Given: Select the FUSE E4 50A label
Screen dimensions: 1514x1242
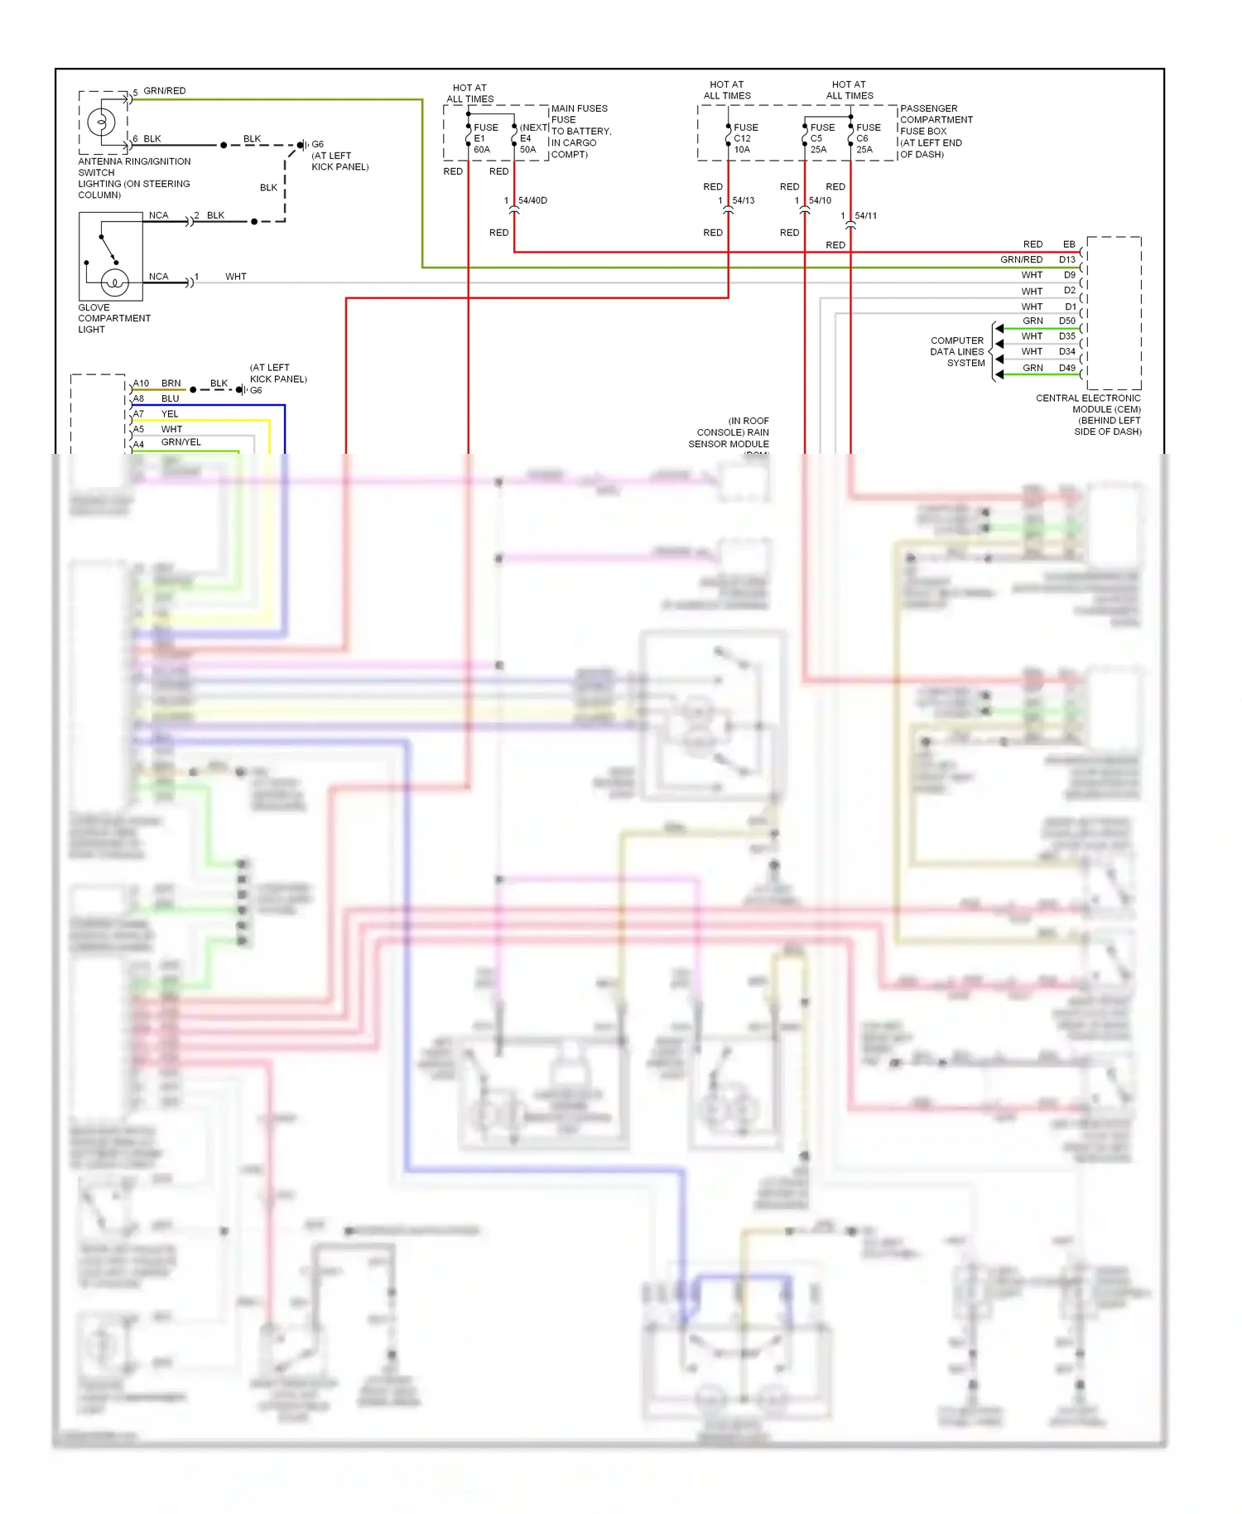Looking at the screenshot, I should point(528,138).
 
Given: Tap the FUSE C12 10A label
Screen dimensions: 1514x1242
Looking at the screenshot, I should point(744,138).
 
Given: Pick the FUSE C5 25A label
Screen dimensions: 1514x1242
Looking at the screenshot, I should point(821,138).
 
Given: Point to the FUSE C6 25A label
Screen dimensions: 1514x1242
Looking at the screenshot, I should point(867,138).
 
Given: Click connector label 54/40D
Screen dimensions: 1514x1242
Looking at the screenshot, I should point(532,200).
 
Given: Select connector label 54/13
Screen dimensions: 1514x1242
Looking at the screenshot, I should point(743,200).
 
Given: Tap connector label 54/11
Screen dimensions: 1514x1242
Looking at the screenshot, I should point(865,216).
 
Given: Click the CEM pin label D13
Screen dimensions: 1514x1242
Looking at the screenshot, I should point(1066,259).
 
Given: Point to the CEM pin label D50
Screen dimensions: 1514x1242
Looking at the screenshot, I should point(1066,321).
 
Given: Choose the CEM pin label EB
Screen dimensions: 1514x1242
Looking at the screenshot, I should point(1068,244).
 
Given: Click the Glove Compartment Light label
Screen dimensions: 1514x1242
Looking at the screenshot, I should point(113,318).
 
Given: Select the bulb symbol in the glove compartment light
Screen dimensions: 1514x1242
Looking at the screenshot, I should point(114,283).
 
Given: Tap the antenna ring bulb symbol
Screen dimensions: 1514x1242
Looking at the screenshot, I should point(101,123).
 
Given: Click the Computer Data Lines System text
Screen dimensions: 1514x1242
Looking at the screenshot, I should point(957,351).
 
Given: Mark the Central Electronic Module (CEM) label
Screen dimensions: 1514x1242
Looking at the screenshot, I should point(1087,414).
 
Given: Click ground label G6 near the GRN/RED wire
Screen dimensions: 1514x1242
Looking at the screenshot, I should point(317,144).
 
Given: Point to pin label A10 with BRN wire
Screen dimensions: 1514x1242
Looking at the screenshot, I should point(141,383).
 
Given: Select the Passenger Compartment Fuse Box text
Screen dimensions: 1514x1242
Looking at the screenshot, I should point(936,131).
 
